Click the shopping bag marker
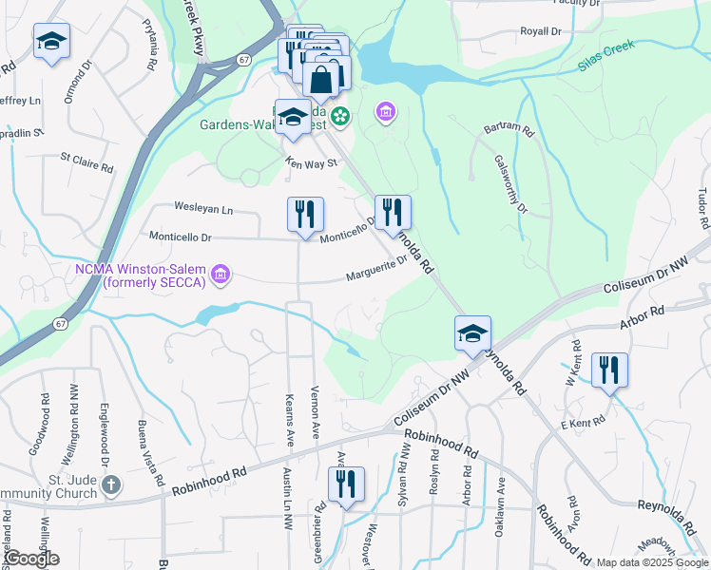click(321, 80)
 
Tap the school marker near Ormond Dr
click(51, 43)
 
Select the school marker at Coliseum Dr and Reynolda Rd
click(472, 335)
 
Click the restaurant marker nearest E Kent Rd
click(609, 370)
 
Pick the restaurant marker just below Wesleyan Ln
click(305, 214)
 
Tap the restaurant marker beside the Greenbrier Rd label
click(346, 484)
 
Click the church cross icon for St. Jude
click(111, 484)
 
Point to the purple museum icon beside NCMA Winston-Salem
click(221, 275)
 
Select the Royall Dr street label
click(541, 31)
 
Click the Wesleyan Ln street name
click(202, 207)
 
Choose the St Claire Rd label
click(86, 162)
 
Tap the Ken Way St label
click(312, 163)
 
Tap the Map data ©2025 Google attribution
click(652, 562)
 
